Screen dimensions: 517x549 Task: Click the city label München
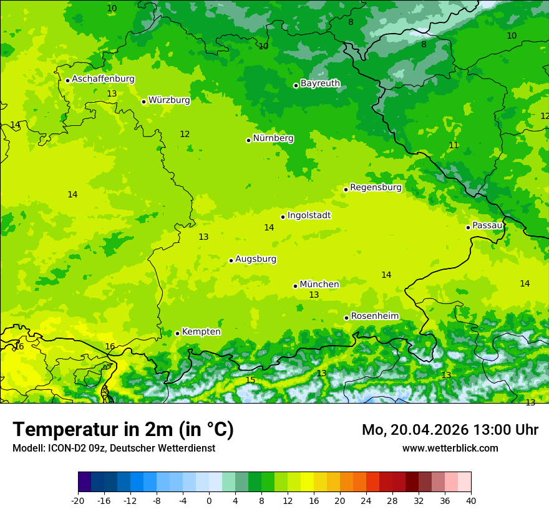tap(319, 284)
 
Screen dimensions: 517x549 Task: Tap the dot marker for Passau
tap(468, 227)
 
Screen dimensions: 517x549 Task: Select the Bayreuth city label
tap(320, 83)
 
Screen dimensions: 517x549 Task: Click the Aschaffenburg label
tap(103, 79)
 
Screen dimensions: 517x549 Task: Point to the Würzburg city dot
tap(143, 102)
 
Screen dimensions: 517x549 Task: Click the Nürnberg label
tap(273, 138)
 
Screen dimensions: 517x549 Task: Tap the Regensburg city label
tap(376, 187)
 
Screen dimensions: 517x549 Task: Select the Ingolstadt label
tap(309, 215)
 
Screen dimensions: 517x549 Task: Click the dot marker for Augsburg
tap(231, 260)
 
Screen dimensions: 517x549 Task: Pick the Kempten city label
tap(201, 331)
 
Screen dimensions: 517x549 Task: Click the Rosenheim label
tap(374, 316)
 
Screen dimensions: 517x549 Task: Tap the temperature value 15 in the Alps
tap(250, 380)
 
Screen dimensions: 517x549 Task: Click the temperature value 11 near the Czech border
tap(454, 145)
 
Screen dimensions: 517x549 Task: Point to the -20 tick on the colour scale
tap(78, 500)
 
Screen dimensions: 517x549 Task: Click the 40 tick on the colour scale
tap(471, 500)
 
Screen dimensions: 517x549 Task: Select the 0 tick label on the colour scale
tap(209, 500)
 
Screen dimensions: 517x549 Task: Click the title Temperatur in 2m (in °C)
tap(123, 429)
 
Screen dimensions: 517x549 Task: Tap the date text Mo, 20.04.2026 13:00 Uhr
tap(450, 430)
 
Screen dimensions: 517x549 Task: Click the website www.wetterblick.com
tap(450, 448)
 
